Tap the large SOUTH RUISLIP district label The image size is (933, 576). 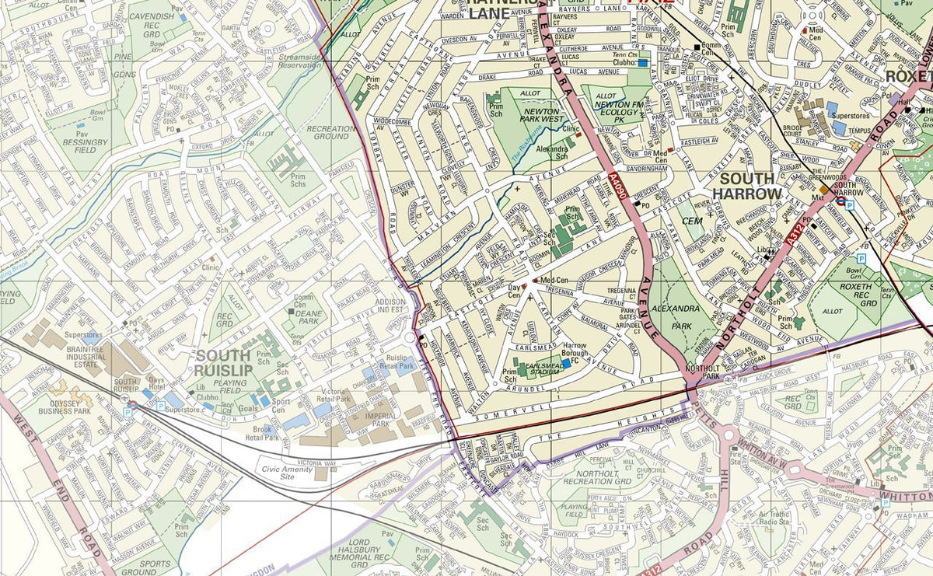[223, 363]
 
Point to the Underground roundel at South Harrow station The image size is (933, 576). [840, 199]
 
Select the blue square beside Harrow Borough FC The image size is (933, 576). [567, 362]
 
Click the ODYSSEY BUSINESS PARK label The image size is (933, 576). [60, 407]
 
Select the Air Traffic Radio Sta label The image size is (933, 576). [774, 519]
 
